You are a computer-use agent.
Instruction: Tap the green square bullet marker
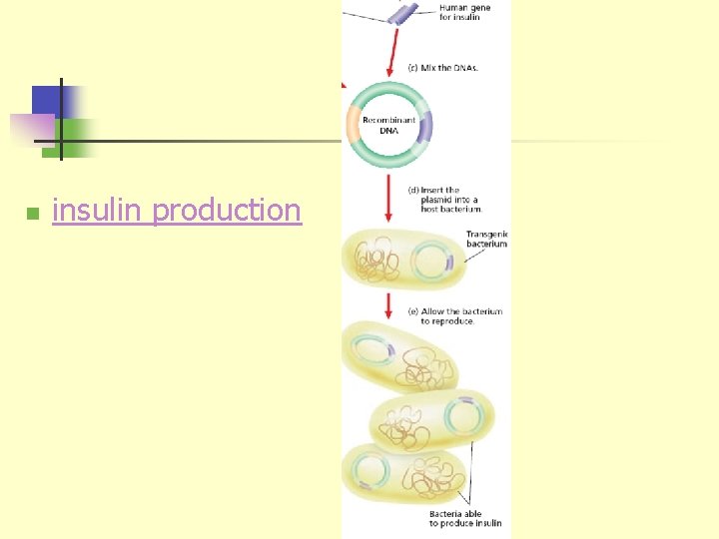32,214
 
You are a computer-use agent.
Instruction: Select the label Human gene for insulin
465,12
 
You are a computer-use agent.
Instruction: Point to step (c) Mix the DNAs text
445,68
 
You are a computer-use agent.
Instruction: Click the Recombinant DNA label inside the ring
388,126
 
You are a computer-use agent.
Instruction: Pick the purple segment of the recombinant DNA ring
425,128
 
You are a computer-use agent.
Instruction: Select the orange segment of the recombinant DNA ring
353,127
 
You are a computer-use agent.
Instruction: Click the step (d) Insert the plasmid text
445,199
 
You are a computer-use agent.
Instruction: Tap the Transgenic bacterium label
486,240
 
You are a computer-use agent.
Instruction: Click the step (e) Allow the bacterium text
455,316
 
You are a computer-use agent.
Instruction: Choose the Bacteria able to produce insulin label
466,519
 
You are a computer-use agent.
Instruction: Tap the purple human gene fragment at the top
403,11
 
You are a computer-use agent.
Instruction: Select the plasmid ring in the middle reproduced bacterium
462,417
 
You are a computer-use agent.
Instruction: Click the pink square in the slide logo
32,128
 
